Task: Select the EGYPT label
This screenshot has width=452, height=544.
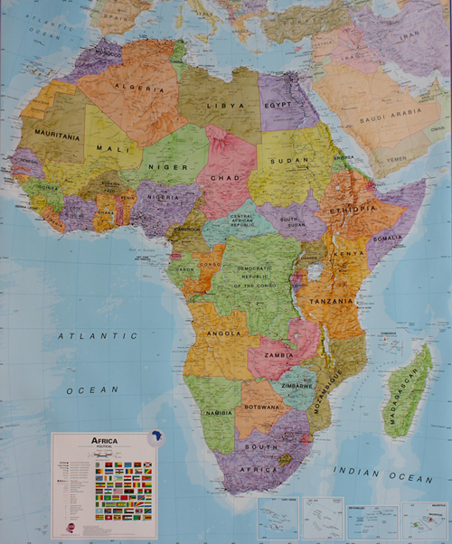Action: coord(280,105)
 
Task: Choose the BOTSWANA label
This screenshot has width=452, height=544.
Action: coord(262,408)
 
